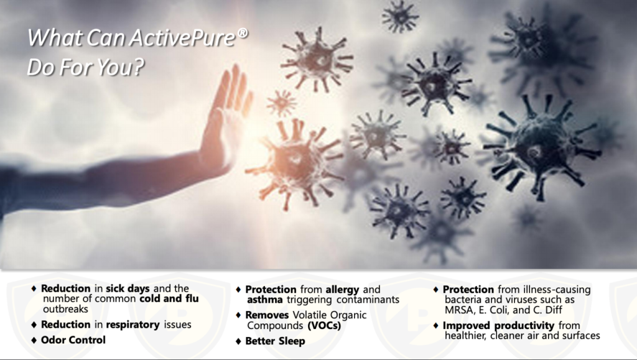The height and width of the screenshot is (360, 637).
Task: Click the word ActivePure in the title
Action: point(182,38)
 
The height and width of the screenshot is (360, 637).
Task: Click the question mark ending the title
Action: point(138,67)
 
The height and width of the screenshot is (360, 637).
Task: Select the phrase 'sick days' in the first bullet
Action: point(128,288)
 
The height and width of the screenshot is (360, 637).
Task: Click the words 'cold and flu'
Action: point(169,298)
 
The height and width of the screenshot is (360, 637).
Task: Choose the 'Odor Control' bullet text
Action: point(73,340)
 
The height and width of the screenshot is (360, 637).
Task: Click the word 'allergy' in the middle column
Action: point(343,290)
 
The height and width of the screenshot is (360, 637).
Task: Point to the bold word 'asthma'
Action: point(265,300)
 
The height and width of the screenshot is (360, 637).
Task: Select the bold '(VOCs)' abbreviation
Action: point(323,326)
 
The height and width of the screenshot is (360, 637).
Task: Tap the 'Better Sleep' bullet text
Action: point(275,341)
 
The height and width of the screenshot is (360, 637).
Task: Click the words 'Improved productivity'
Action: point(498,326)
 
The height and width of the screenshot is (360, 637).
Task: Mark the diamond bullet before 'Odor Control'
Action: point(34,341)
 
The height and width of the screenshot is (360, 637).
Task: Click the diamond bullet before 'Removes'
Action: point(238,315)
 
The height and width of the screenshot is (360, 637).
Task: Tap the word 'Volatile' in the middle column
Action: point(310,315)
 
